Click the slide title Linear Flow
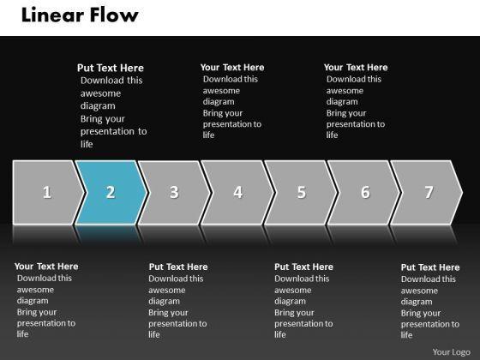pyautogui.click(x=80, y=15)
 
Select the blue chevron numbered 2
pyautogui.click(x=111, y=193)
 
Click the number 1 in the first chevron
pyautogui.click(x=47, y=192)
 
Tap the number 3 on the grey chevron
pyautogui.click(x=174, y=192)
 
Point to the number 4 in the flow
pyautogui.click(x=238, y=192)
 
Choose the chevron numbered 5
pyautogui.click(x=301, y=193)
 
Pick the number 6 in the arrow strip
pyautogui.click(x=365, y=192)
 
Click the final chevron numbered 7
pyautogui.click(x=427, y=193)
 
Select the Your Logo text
pyautogui.click(x=451, y=352)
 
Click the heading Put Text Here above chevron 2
pyautogui.click(x=111, y=68)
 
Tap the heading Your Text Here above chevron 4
pyautogui.click(x=232, y=67)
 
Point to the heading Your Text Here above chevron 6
pyautogui.click(x=356, y=67)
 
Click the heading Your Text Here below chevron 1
pyautogui.click(x=46, y=267)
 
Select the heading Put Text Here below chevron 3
pyautogui.click(x=178, y=267)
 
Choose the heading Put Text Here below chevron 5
pyautogui.click(x=303, y=267)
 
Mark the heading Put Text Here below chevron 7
pyautogui.click(x=430, y=267)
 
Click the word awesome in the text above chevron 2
pyautogui.click(x=101, y=93)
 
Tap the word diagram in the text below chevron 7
pyautogui.click(x=417, y=302)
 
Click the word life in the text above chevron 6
pyautogui.click(x=332, y=135)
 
